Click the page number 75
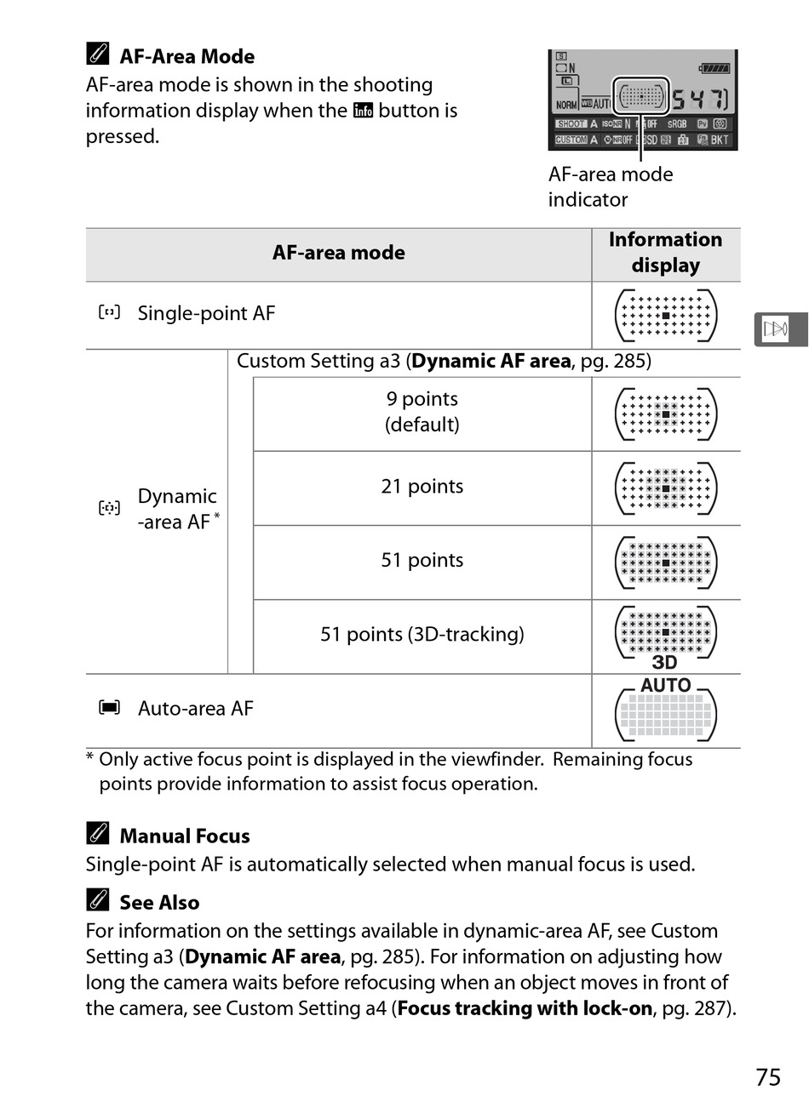767,1077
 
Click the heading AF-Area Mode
186,57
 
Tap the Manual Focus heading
185,836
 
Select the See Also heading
159,903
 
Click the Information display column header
665,253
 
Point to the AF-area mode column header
338,253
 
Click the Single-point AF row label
206,313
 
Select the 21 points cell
422,487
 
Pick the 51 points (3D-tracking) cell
422,635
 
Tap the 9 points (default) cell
422,412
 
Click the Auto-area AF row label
195,709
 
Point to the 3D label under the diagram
664,663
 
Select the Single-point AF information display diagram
666,316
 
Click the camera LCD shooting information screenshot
642,100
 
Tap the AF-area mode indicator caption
610,187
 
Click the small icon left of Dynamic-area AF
109,509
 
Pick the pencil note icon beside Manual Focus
98,834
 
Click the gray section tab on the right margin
779,329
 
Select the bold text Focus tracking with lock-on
525,1008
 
